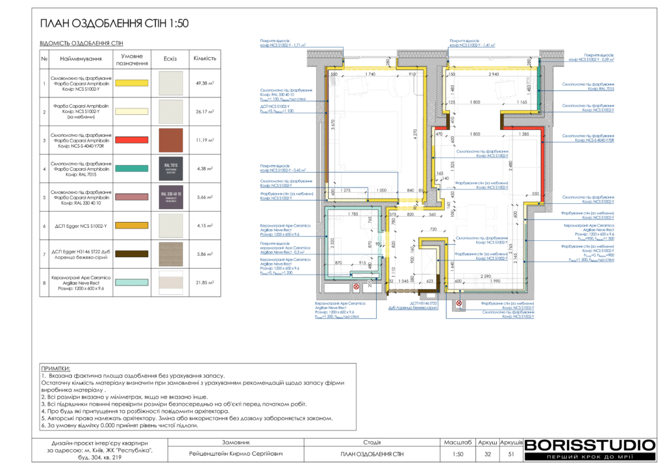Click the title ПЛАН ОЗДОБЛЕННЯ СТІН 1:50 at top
coord(114,23)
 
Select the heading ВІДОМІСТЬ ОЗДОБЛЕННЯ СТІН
coord(81,43)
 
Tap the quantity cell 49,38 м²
coord(205,83)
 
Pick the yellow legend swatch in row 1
coord(132,83)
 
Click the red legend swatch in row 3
coord(132,140)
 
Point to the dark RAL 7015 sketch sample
coord(170,168)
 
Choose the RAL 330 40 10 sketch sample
coord(170,197)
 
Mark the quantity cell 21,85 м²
coord(205,282)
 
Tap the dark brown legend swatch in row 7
coord(132,254)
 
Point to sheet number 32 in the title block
coord(487,454)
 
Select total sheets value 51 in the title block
coord(511,454)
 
